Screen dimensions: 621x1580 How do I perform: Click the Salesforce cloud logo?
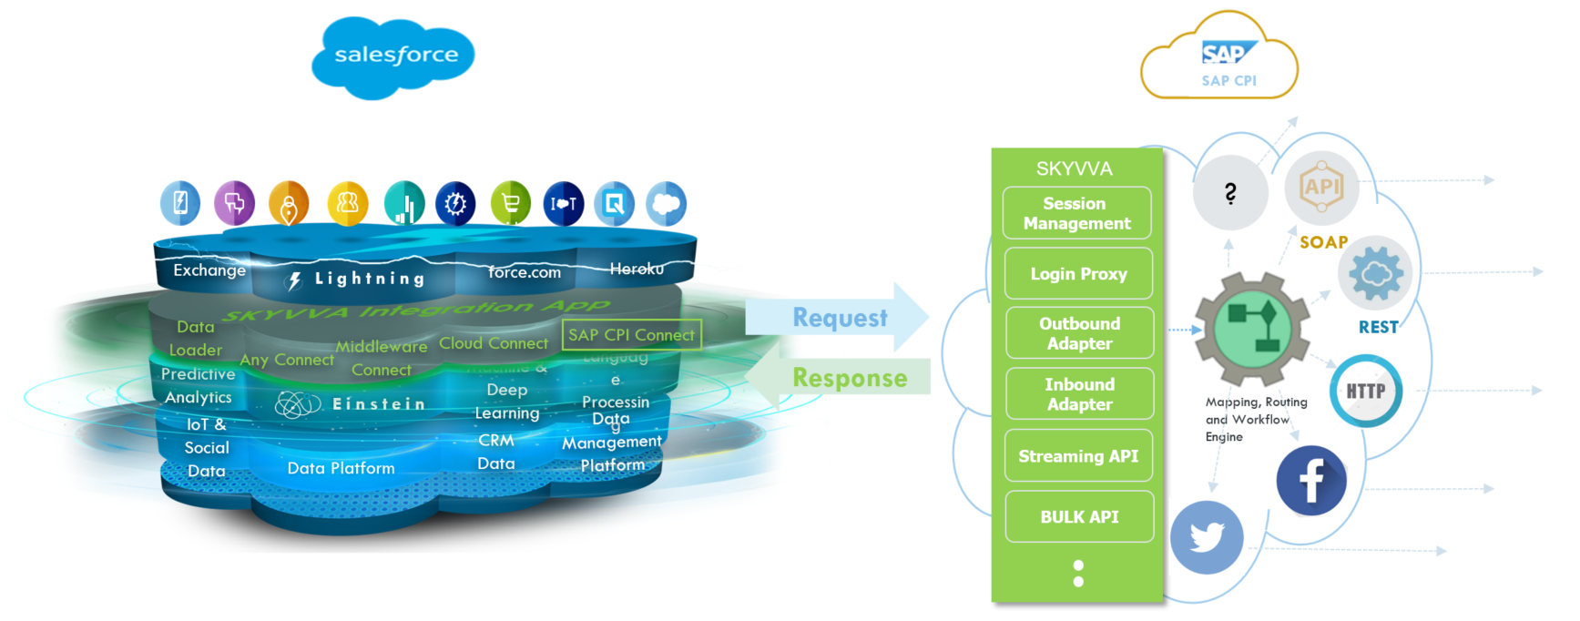394,56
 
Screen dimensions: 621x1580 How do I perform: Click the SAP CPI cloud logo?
1220,59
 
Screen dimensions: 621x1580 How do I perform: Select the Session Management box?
1076,214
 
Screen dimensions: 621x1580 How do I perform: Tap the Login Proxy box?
1078,274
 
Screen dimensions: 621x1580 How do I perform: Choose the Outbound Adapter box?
1079,333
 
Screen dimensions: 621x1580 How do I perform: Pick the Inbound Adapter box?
1079,394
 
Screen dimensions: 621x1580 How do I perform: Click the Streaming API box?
1078,456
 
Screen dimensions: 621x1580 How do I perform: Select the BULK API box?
1079,517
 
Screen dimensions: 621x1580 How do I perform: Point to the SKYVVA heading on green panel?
1074,168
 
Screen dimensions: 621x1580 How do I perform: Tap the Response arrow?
838,377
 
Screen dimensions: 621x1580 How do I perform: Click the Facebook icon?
1310,481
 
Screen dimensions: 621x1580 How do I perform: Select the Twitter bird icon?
1207,537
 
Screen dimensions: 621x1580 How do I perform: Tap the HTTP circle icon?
1365,392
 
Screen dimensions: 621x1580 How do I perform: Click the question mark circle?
1230,193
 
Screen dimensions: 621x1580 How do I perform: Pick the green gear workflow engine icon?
1253,330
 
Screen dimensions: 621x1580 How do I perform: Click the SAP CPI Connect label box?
631,335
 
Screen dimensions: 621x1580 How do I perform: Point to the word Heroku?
637,269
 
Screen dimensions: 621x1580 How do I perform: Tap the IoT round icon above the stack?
563,204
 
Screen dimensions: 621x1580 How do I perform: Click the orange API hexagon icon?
1321,188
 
